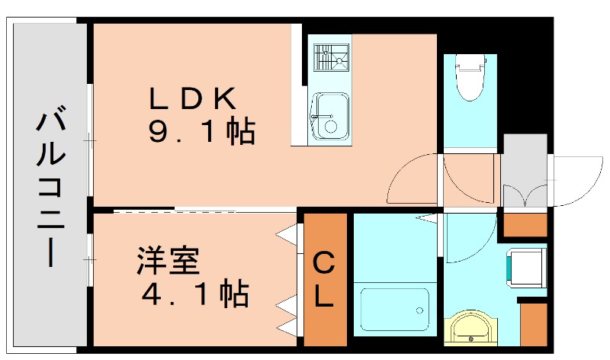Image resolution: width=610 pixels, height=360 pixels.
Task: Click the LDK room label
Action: click(x=194, y=98)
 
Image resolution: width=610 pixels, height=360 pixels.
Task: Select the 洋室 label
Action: click(x=168, y=262)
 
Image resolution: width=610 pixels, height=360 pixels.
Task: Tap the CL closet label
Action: click(x=324, y=279)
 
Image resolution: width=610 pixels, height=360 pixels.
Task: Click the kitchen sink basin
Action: click(x=330, y=117)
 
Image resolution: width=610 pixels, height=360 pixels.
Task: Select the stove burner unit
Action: click(x=331, y=56)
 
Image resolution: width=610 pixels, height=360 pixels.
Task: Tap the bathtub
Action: click(x=393, y=310)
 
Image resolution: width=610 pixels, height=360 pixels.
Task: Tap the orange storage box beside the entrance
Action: click(x=526, y=224)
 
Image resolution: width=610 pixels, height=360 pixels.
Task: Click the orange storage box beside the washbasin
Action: click(x=534, y=323)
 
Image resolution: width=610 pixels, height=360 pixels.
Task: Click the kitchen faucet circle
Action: click(x=330, y=126)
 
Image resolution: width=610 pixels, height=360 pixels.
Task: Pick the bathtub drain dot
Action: click(x=417, y=310)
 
